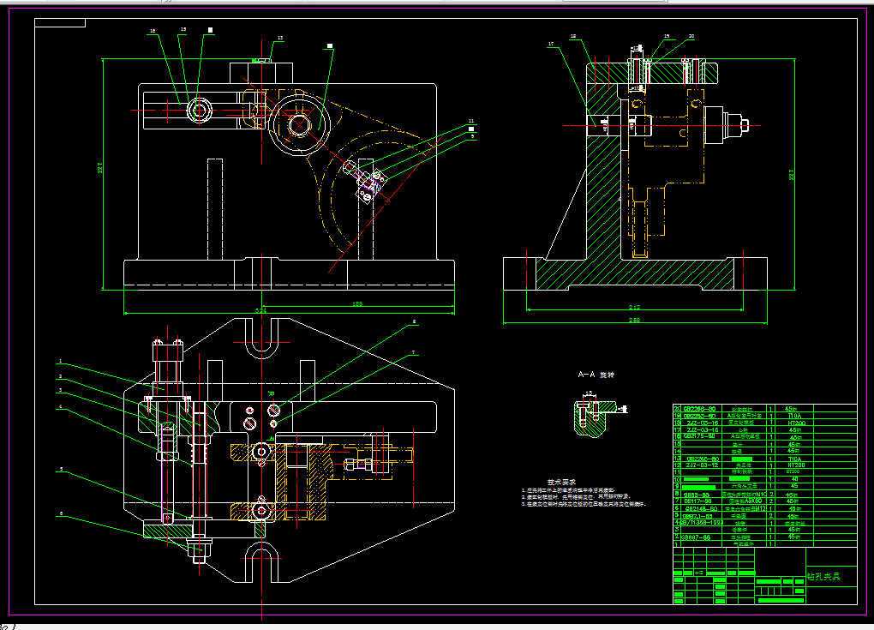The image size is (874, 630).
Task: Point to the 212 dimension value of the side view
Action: pyautogui.click(x=634, y=305)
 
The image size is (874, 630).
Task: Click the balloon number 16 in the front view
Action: pyautogui.click(x=153, y=31)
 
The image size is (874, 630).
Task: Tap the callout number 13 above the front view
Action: pyautogui.click(x=278, y=39)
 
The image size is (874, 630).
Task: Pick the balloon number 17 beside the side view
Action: pyautogui.click(x=552, y=44)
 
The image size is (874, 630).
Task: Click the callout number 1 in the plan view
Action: pyautogui.click(x=61, y=362)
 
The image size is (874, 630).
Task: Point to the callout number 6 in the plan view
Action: pyautogui.click(x=61, y=514)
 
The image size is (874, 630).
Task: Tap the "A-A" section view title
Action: pyautogui.click(x=586, y=375)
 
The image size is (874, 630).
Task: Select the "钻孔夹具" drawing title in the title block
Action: pyautogui.click(x=823, y=577)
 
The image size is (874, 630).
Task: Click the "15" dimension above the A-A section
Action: pyautogui.click(x=589, y=393)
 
